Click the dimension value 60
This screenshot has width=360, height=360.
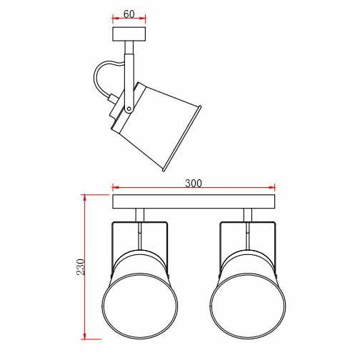(129, 14)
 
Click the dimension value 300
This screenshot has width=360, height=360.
(194, 184)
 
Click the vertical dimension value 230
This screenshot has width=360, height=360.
(81, 267)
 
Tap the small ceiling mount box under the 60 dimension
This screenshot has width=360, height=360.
(129, 34)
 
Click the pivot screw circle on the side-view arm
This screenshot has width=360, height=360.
(129, 109)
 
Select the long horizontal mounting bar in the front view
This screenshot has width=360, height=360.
(194, 201)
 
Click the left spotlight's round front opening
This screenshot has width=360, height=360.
(140, 306)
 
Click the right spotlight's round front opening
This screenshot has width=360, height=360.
(248, 306)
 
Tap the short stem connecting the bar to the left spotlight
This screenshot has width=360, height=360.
(140, 215)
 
